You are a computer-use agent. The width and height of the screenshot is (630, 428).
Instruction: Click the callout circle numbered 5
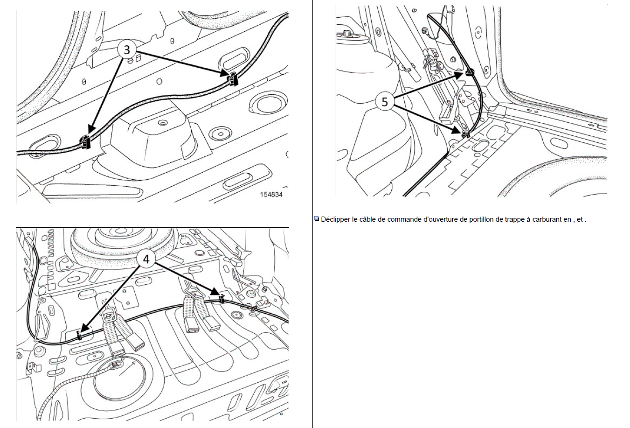[x=385, y=102]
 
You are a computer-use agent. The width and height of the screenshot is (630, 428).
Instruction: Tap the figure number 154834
[x=271, y=195]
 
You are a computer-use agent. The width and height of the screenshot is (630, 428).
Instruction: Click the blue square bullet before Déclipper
[x=317, y=218]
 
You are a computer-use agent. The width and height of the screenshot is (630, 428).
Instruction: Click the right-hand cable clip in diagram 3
[x=232, y=79]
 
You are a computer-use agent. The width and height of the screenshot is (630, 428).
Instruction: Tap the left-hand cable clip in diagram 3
[x=85, y=141]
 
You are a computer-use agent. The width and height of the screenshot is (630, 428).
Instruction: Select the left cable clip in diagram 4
[x=80, y=336]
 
